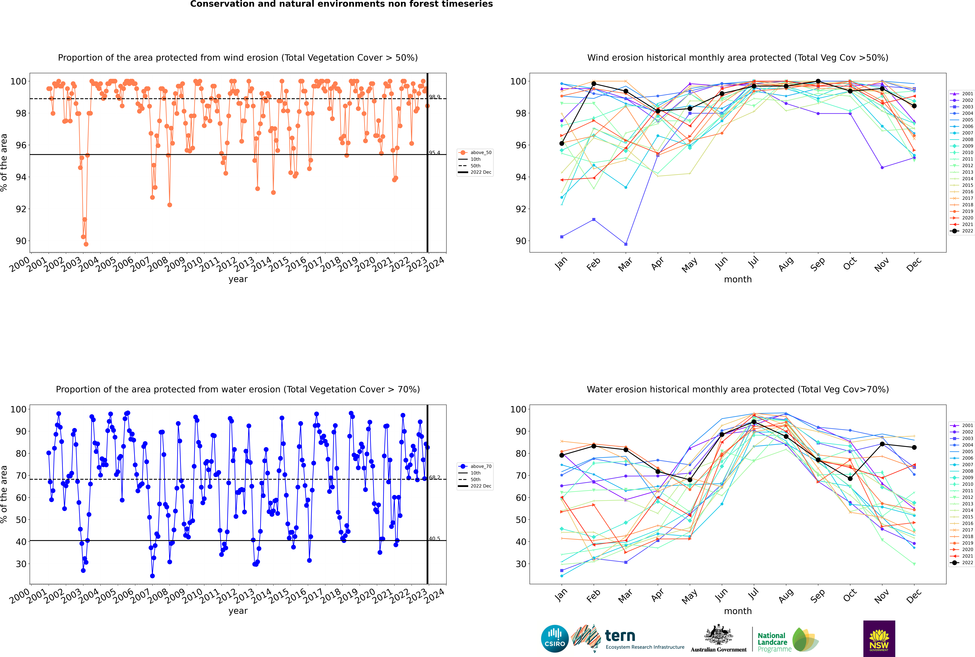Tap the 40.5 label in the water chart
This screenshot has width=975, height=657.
pos(434,539)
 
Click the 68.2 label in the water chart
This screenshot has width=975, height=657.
pos(434,478)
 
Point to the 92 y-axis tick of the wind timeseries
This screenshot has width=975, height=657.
pos(21,209)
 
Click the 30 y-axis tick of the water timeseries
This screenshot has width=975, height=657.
pos(21,564)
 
